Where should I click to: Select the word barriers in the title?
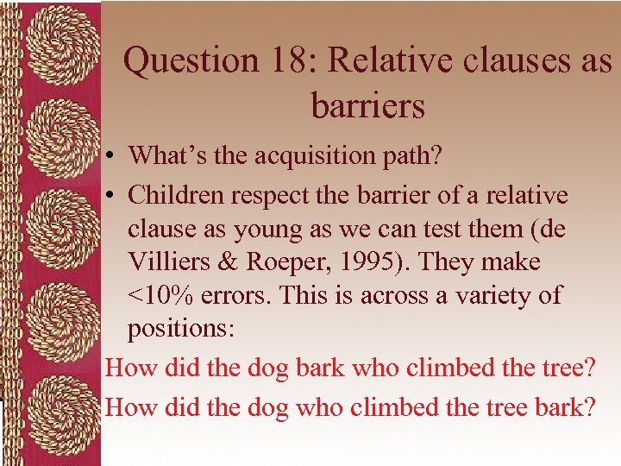pos(368,105)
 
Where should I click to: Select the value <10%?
pos(162,295)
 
